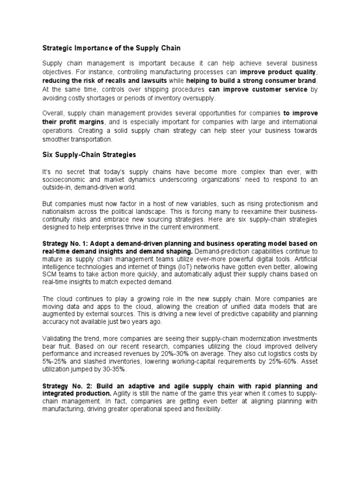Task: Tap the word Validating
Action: tap(59, 338)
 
